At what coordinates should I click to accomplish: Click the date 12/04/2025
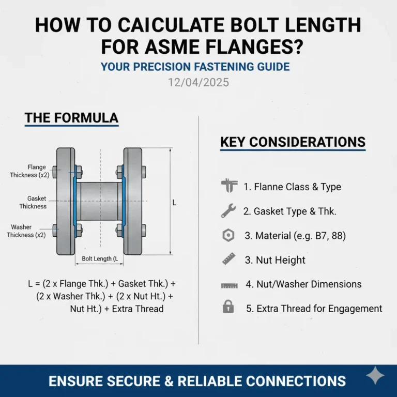coord(198,83)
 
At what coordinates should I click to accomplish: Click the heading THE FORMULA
coord(71,118)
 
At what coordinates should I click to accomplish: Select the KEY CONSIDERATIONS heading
coord(293,142)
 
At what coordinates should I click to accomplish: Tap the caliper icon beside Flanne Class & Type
coord(228,186)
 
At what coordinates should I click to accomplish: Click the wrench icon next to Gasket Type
coord(228,210)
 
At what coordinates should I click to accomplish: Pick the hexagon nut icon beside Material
coord(228,235)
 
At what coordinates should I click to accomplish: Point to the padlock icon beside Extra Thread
coord(228,308)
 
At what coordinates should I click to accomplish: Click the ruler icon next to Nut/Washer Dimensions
coord(228,284)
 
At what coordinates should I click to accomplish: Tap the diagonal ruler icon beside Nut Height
coord(228,259)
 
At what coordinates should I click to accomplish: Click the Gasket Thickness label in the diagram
coord(33,202)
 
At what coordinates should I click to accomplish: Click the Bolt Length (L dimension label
coord(100,259)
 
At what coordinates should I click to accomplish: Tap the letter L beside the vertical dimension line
coord(174,203)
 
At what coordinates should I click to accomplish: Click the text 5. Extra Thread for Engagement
coord(314,309)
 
